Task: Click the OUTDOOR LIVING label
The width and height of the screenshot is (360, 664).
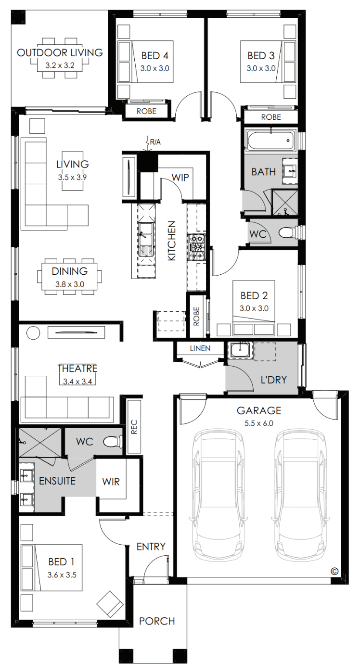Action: coord(60,53)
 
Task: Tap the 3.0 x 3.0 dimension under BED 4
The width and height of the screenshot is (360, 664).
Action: coord(155,68)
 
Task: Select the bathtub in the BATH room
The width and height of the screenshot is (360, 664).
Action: coord(271,140)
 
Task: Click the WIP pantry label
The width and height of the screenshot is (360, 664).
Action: coord(180,178)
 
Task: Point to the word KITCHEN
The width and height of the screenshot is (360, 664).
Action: coord(172,241)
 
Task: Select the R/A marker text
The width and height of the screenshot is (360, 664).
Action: coord(155,142)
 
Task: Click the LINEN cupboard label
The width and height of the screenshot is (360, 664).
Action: coord(200,348)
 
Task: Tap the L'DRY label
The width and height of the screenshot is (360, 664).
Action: coord(273,380)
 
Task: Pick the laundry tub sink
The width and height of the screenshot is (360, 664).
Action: coord(240,350)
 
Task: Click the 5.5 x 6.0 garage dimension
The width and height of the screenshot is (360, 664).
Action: coord(258,423)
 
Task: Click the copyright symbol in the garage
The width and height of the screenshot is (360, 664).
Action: coord(335,571)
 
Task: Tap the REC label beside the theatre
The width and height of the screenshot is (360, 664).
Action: coord(134,427)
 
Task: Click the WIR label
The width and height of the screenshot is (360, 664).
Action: coord(111,482)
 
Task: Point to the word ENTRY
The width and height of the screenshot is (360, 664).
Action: coord(151,547)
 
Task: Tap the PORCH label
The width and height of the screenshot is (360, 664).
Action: coord(157,621)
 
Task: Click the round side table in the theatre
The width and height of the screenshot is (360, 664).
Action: coord(33,332)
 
